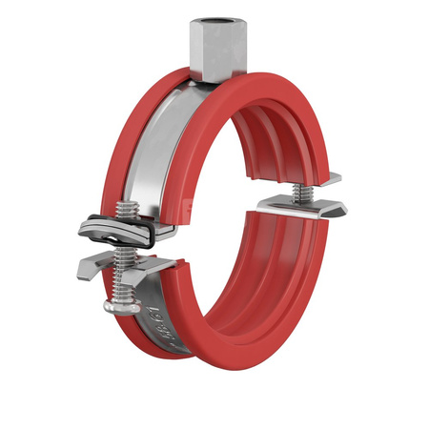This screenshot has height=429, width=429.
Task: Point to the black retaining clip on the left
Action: click(114, 228)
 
